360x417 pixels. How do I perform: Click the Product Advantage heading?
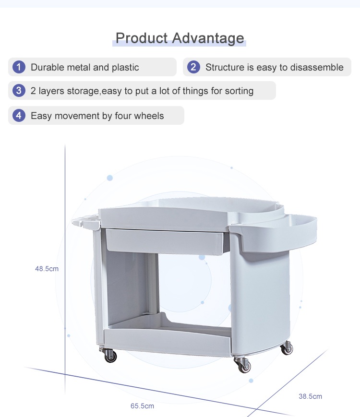[x=180, y=38]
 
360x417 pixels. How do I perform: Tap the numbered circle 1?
[x=19, y=67]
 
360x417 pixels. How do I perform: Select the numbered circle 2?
[x=193, y=67]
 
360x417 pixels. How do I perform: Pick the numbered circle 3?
[x=19, y=91]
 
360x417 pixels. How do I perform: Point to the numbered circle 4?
[x=19, y=116]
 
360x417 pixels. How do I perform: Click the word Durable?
[x=48, y=67]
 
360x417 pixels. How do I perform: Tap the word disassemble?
[x=317, y=67]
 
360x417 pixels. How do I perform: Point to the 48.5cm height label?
[x=47, y=269]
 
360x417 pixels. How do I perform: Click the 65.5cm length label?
[x=142, y=406]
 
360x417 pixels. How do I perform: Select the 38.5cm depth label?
[x=310, y=396]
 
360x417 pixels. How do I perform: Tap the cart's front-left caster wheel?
[x=109, y=355]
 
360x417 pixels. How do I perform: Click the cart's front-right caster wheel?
[x=243, y=365]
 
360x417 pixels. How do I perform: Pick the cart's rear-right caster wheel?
[x=288, y=348]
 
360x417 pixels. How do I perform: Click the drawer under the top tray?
[x=165, y=242]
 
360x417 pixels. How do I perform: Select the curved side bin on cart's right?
[x=276, y=231]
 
